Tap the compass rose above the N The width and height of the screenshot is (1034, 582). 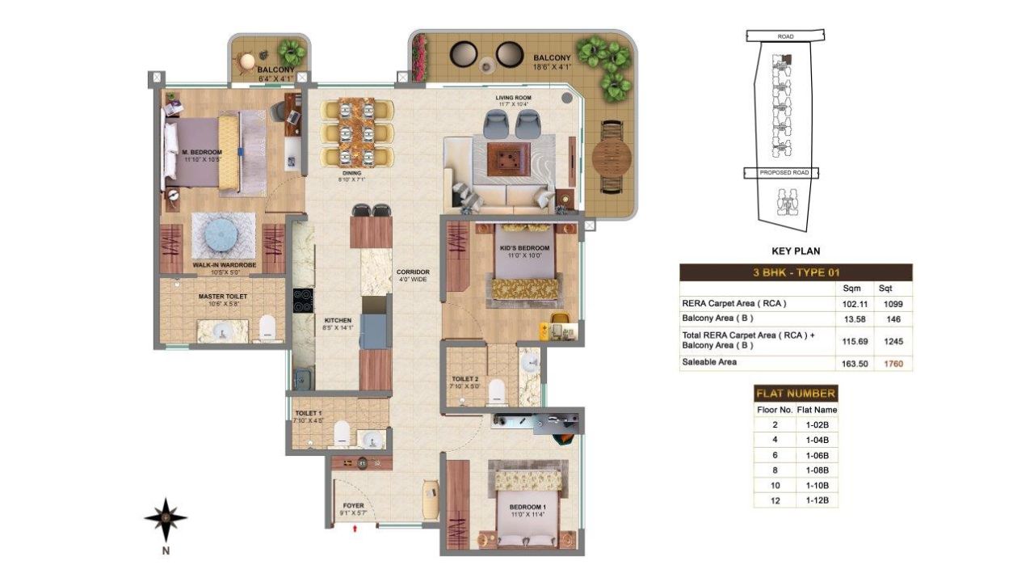(166, 518)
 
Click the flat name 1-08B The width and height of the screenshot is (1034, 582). (817, 470)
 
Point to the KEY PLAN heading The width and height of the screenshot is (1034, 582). (796, 251)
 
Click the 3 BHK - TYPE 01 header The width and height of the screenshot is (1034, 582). (795, 272)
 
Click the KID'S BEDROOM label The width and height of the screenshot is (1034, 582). (525, 247)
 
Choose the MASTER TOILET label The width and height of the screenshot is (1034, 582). (222, 297)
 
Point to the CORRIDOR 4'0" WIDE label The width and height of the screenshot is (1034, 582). (412, 276)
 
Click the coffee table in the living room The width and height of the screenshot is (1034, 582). (509, 159)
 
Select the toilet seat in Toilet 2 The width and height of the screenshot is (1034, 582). (497, 390)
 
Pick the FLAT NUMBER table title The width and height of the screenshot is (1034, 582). (795, 394)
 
